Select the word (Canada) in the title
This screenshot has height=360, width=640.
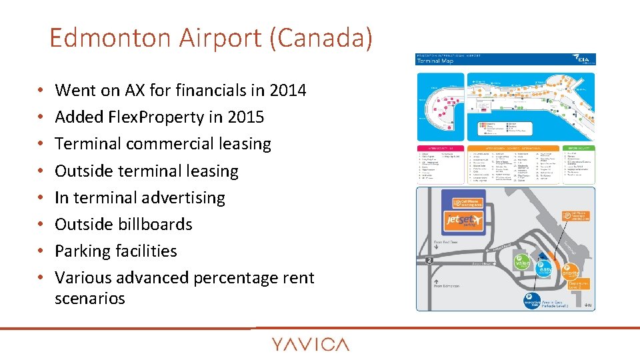(322, 38)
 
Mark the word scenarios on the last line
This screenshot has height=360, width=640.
(90, 298)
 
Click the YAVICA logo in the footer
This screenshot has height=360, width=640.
(310, 344)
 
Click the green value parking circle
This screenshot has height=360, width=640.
(522, 263)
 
